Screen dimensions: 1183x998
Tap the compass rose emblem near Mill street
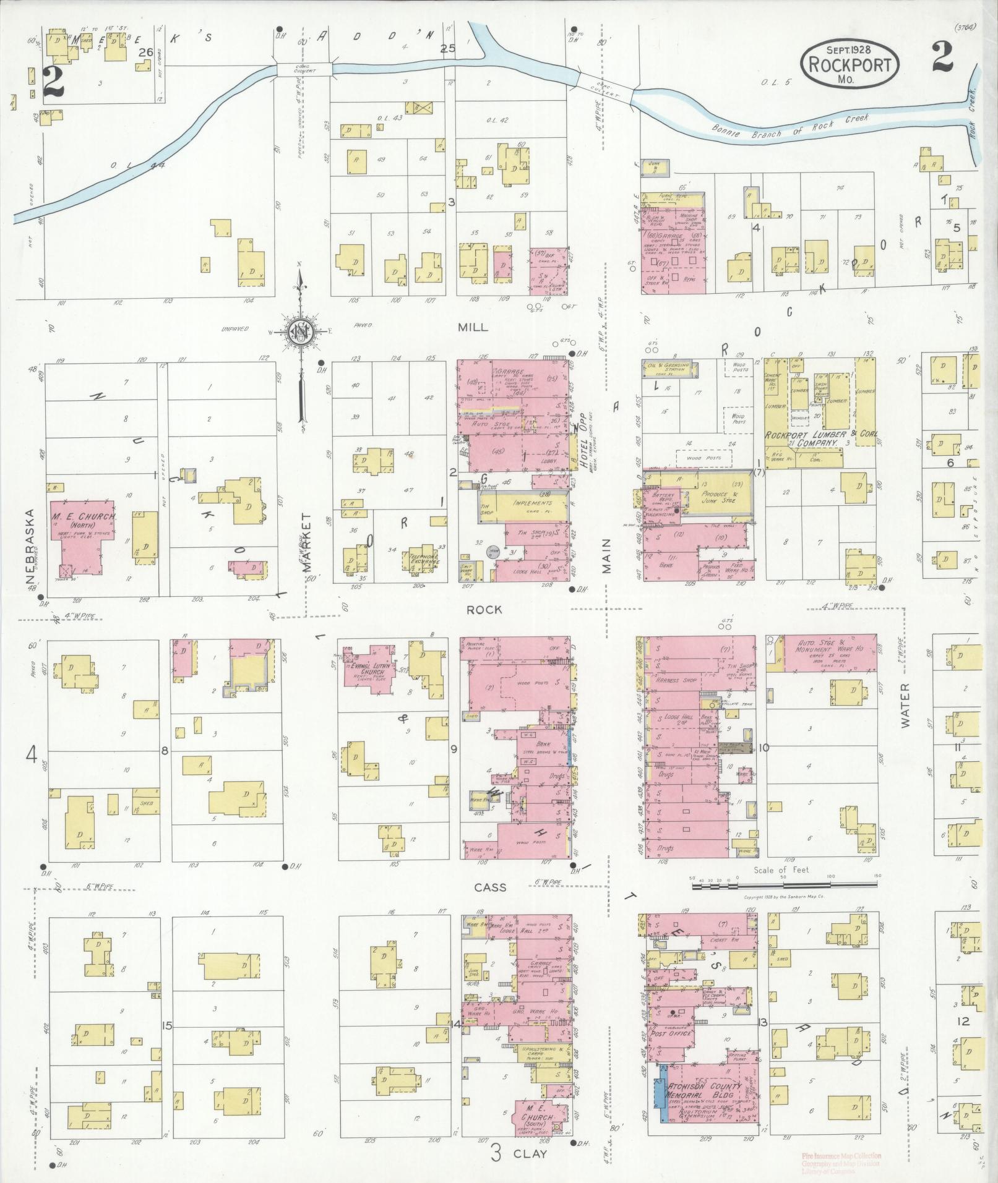[301, 335]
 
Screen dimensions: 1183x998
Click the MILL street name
[473, 327]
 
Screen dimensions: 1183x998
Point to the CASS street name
[491, 887]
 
